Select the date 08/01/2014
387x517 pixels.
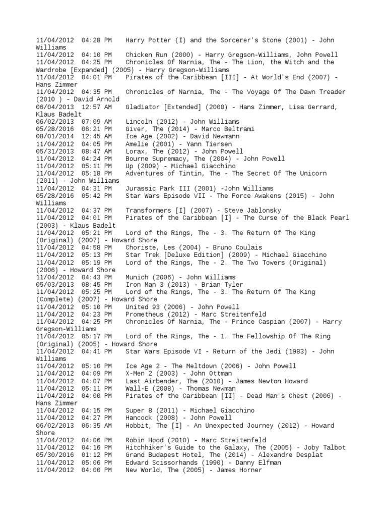54,136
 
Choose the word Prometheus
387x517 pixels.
146,314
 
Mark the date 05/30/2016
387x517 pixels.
54,455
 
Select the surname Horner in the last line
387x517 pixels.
250,470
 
